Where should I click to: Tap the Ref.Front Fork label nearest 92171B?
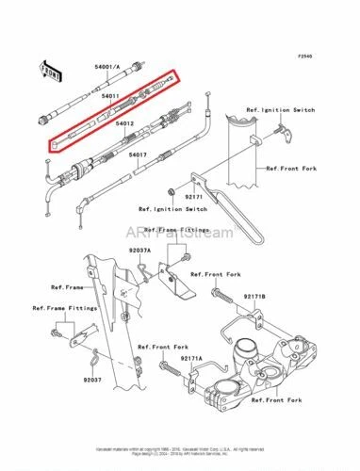pos(222,274)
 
